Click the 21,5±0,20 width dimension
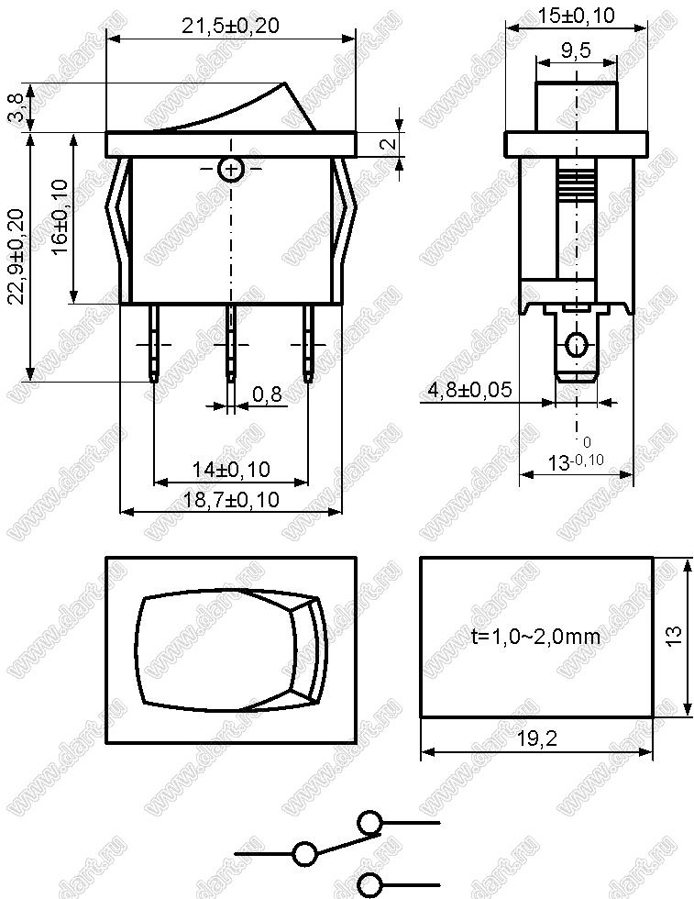pyautogui.click(x=230, y=26)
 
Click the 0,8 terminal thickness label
pyautogui.click(x=267, y=394)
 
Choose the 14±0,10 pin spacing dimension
pyautogui.click(x=231, y=470)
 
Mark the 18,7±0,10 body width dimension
pyautogui.click(x=232, y=499)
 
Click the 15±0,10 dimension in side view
pyautogui.click(x=576, y=16)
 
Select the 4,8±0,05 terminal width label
pyautogui.click(x=470, y=390)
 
